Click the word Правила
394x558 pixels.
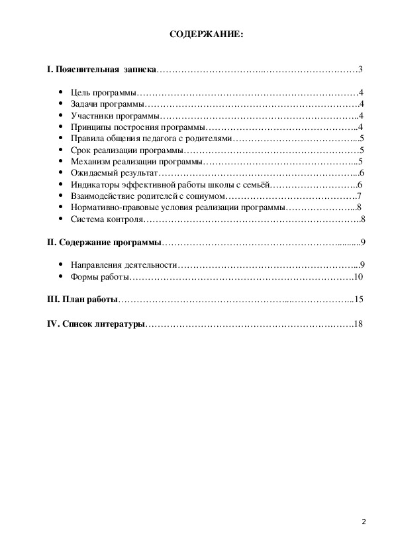pos(85,139)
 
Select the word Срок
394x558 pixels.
pos(79,150)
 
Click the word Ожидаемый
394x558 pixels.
pos(92,173)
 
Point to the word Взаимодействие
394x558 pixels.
pos(103,196)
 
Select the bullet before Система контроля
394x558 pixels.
pos(60,219)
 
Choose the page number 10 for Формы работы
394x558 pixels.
pos(358,277)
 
